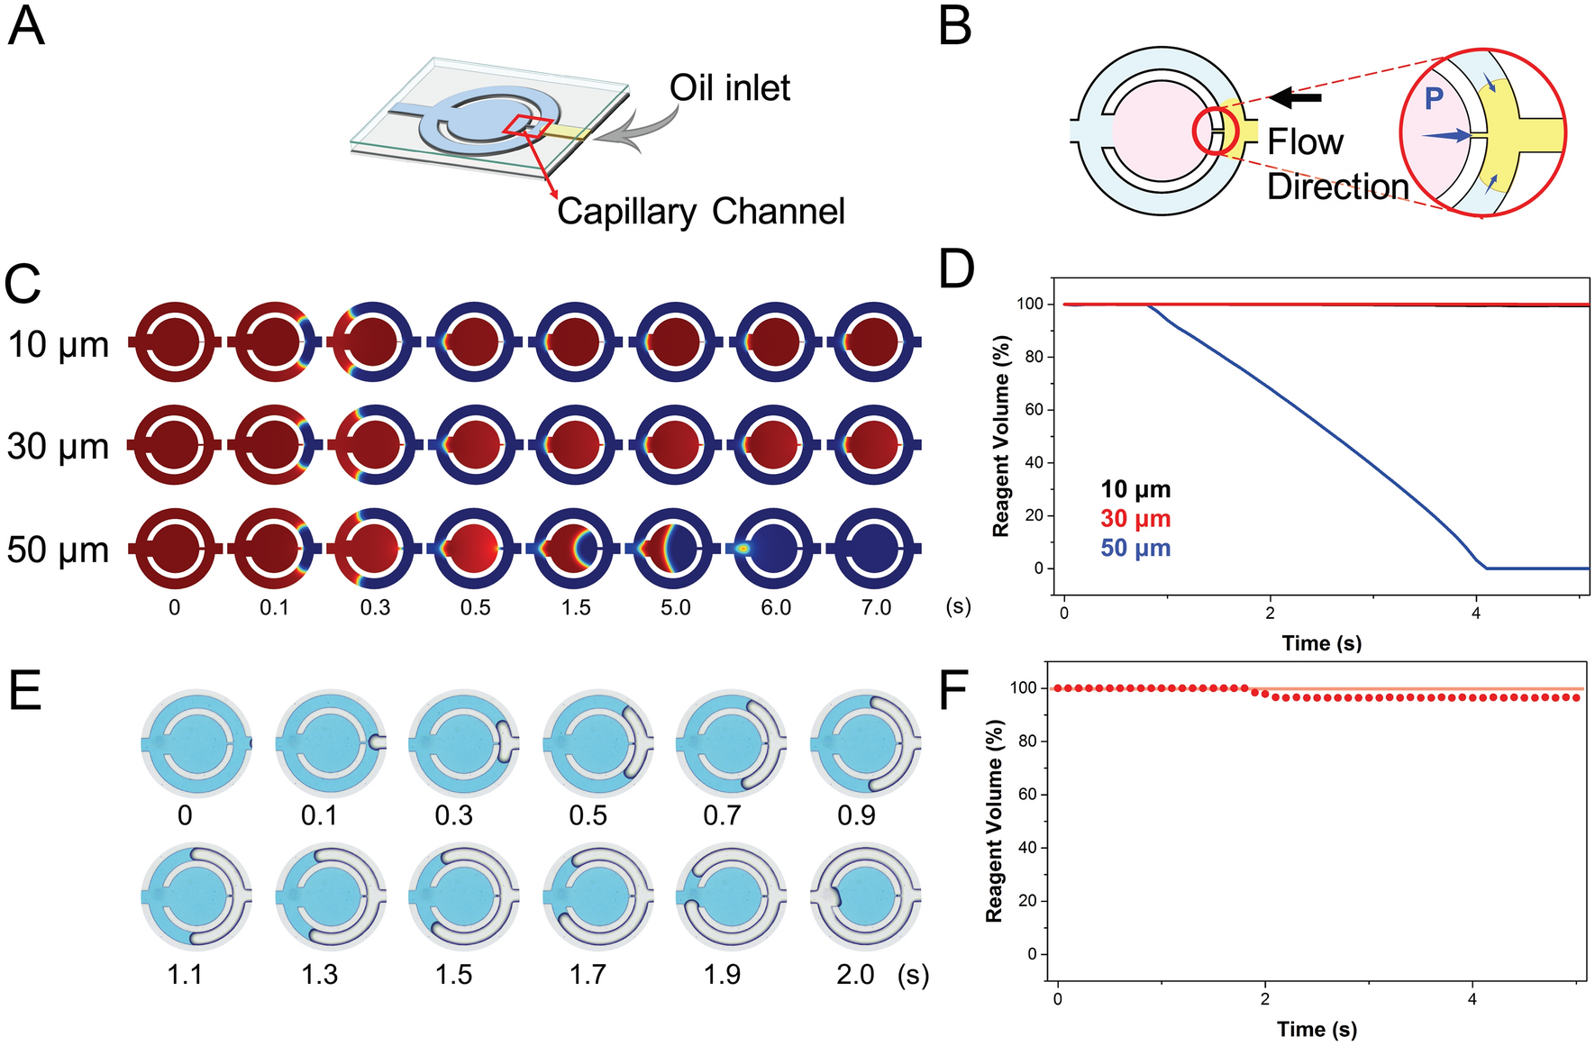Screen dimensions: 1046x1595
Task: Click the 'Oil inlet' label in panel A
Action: pos(729,88)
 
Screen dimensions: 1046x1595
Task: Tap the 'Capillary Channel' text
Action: pos(700,212)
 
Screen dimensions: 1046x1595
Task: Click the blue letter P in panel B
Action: pos(1434,98)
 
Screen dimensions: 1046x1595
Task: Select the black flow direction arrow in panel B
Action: pos(1295,97)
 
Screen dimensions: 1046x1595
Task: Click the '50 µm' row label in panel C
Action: pos(58,550)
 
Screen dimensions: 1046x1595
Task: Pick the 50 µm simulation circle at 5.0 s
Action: pos(676,548)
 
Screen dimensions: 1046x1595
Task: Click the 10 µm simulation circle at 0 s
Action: pos(175,342)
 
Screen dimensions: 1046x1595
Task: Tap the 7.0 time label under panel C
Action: pos(876,608)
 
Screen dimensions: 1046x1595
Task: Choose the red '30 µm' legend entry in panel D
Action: pos(1135,519)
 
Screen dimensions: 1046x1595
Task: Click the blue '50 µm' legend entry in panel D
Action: pos(1135,548)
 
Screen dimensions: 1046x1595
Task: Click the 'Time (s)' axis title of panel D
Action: pos(1321,643)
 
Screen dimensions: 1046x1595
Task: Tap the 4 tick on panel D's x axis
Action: pos(1476,614)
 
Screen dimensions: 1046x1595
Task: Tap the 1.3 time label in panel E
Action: pos(319,975)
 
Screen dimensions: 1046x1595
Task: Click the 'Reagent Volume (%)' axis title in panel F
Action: pos(994,821)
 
